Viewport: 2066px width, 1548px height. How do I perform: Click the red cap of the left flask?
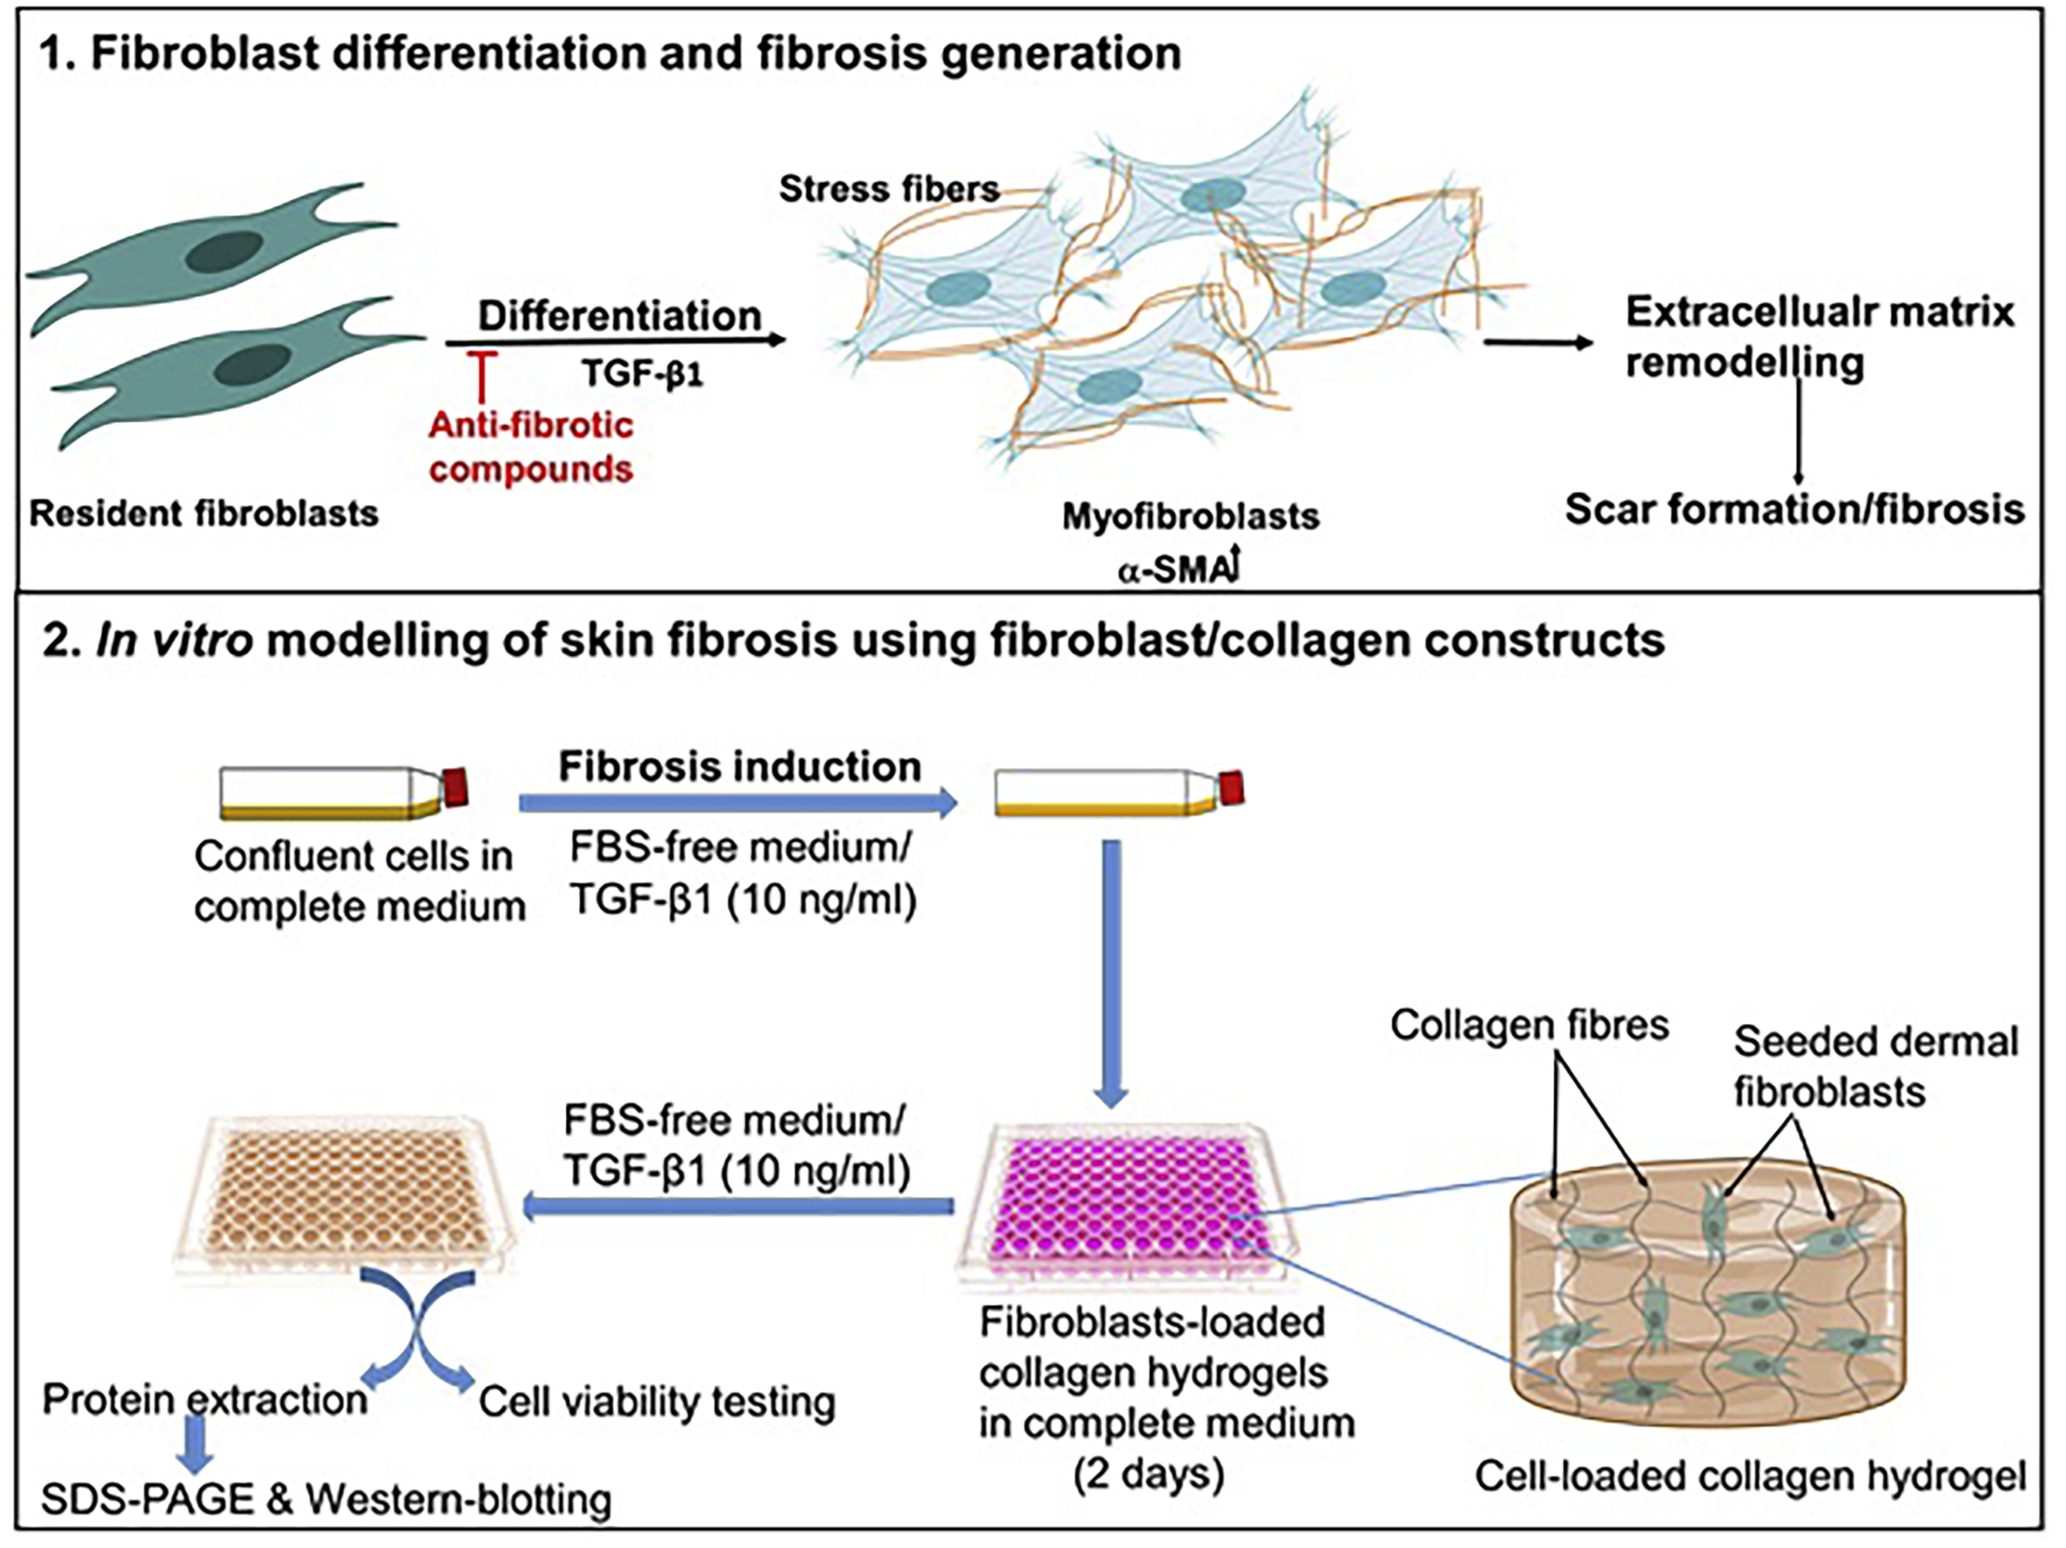point(456,786)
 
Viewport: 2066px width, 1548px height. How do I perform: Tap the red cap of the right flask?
point(1231,789)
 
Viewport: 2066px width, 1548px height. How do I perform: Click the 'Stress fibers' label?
point(888,189)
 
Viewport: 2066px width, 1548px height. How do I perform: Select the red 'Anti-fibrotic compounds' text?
point(531,446)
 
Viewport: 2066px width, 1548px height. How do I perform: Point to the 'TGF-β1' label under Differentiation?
point(642,373)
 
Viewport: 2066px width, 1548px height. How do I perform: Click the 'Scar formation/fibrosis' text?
point(1794,509)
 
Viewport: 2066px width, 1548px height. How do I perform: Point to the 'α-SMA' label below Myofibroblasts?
point(1175,569)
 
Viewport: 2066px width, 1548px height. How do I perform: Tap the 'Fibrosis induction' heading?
point(739,767)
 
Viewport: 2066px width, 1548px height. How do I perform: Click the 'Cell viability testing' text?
point(657,1401)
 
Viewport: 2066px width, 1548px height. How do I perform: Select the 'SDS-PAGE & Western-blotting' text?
point(327,1499)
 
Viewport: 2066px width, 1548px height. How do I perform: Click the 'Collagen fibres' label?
point(1529,1025)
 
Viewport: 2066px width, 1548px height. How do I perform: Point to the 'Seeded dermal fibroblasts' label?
point(1874,1066)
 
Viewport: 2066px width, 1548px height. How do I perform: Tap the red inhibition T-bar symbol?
point(481,374)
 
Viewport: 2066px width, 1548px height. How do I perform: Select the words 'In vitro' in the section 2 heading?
point(174,641)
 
